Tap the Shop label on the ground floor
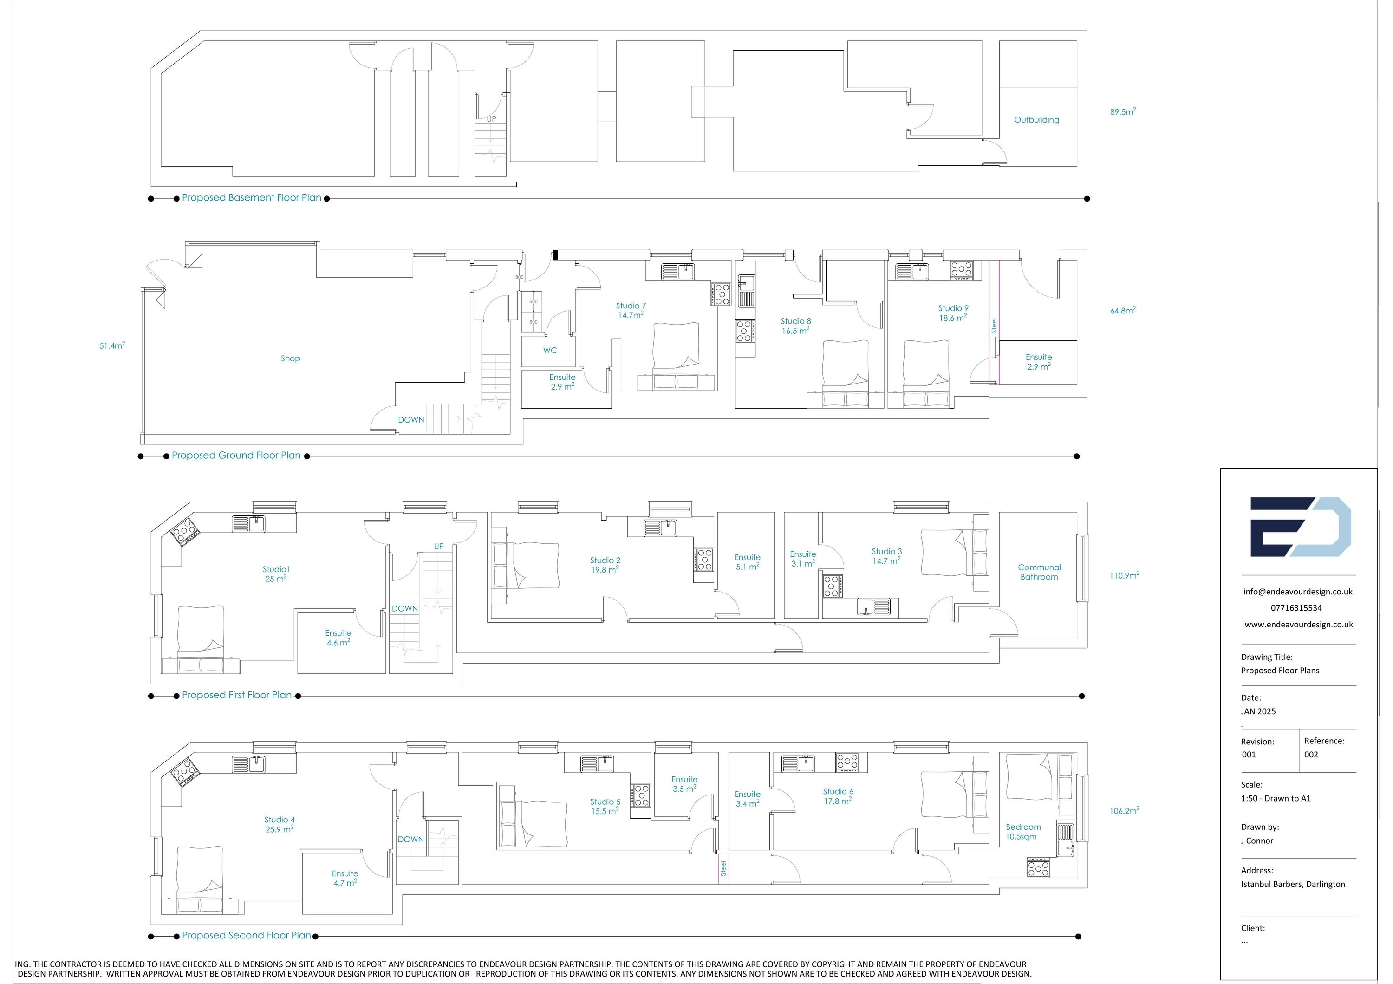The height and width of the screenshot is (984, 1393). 290,358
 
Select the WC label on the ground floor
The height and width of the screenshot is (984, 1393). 550,350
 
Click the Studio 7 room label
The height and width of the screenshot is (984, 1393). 631,306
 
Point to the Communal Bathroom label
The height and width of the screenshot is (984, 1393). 1039,572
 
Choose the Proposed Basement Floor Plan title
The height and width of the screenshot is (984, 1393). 252,198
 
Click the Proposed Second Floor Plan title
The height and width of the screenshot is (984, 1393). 246,935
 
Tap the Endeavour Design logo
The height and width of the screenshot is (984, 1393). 1300,527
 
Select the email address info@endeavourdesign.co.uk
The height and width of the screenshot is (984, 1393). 1298,592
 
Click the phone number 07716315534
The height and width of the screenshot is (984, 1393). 1296,608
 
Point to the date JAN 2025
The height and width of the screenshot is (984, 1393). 1258,711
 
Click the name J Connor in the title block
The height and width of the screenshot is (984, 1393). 1257,841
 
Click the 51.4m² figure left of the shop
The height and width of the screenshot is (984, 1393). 112,346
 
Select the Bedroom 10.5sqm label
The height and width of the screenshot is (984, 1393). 1023,832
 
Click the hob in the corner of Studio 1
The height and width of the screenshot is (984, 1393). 184,532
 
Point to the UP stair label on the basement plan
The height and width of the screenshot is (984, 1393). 491,119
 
